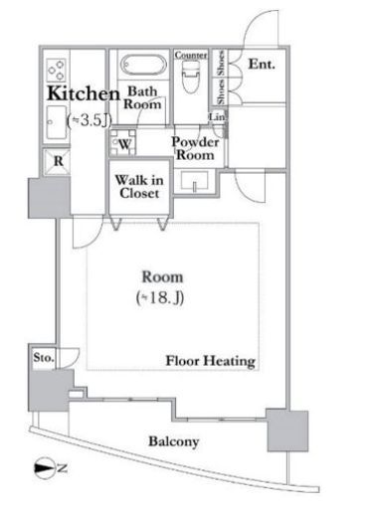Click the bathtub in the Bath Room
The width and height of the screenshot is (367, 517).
143,65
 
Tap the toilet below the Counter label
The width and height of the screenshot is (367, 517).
190,77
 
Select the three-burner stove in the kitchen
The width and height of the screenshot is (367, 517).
56,70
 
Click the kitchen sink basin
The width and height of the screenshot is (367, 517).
57,122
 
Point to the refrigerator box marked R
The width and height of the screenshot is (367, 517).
57,162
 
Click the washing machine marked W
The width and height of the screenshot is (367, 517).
123,143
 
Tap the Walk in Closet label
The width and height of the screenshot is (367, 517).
139,187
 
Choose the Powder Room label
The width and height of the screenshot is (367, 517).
196,148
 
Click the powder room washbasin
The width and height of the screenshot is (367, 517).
195,181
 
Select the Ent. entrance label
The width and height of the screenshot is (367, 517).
262,64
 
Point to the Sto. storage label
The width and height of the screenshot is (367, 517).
44,357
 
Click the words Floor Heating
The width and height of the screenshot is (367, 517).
211,361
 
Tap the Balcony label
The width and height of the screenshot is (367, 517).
174,441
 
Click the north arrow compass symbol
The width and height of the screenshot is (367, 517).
45,468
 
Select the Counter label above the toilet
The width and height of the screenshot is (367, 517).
191,55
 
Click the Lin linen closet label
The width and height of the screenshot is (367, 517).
217,116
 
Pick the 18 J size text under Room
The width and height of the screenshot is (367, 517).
160,297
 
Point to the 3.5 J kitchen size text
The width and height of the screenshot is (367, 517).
90,120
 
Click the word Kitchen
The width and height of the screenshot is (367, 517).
84,93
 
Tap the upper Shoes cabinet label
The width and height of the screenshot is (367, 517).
221,63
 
